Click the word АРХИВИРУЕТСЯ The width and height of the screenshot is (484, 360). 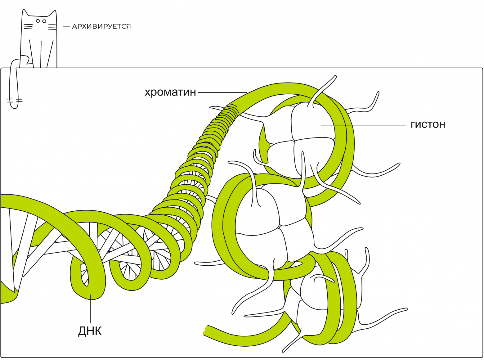click(101, 26)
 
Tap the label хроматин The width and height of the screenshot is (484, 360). click(170, 92)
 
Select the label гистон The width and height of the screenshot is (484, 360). click(428, 124)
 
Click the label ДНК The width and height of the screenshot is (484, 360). click(90, 331)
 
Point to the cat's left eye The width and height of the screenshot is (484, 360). click(38, 21)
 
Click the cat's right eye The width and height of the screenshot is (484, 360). click(44, 21)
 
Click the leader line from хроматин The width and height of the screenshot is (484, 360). click(222, 92)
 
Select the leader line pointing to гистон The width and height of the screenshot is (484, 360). click(363, 125)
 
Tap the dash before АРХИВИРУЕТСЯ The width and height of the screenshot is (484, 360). click(66, 26)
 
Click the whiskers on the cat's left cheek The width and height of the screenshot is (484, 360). click(28, 26)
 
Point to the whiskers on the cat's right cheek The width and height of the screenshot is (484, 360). click(52, 27)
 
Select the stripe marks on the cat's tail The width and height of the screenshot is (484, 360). click(14, 101)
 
